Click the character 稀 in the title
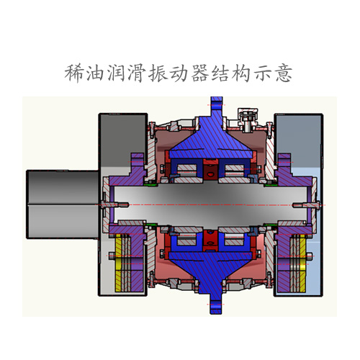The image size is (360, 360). (74, 73)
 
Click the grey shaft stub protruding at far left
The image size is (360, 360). (61, 205)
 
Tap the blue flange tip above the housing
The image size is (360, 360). (214, 108)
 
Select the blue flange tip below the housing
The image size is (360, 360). (214, 302)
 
